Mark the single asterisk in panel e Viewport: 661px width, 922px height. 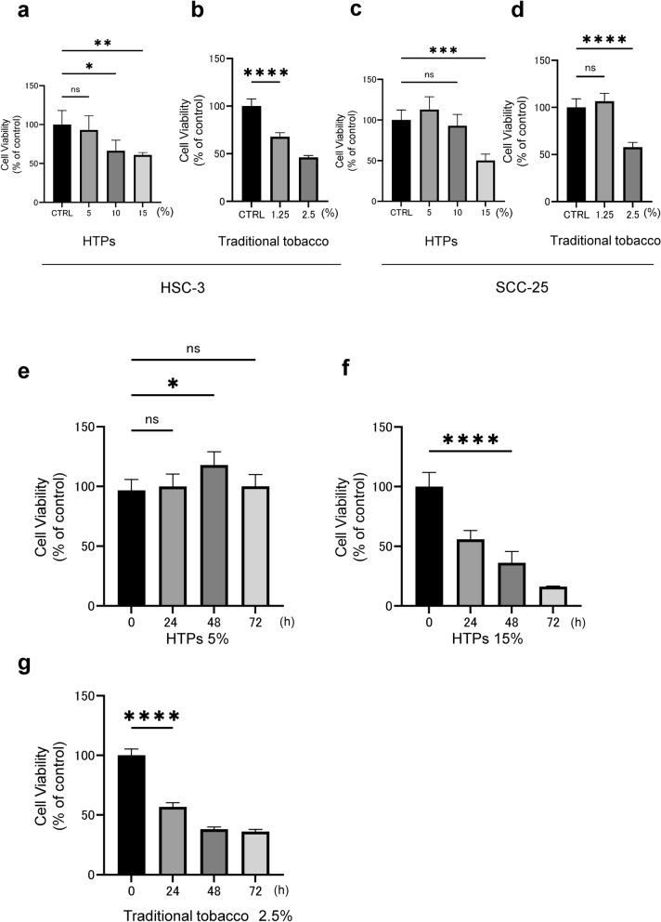172,386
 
